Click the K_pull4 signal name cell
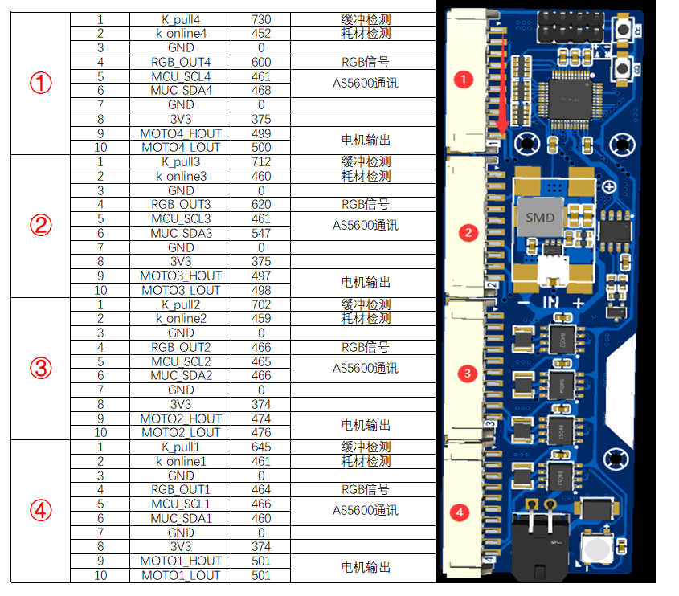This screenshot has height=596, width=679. click(x=181, y=18)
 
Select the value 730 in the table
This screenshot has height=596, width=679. click(x=261, y=18)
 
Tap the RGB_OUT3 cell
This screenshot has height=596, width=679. click(x=181, y=205)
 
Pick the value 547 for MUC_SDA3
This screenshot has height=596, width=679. click(x=261, y=233)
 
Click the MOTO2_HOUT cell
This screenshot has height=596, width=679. click(x=181, y=418)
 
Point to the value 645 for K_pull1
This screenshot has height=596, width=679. click(x=261, y=447)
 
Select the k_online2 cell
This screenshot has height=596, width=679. click(x=181, y=318)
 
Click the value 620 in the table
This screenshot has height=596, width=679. click(x=261, y=205)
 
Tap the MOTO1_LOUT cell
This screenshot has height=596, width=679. click(x=181, y=575)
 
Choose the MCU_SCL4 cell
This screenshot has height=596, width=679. click(x=181, y=76)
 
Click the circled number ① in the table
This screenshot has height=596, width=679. click(x=40, y=83)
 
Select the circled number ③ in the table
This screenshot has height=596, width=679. click(x=40, y=369)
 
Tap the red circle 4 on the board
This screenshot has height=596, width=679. click(x=460, y=511)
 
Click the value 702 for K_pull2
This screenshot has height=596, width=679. click(x=261, y=304)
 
